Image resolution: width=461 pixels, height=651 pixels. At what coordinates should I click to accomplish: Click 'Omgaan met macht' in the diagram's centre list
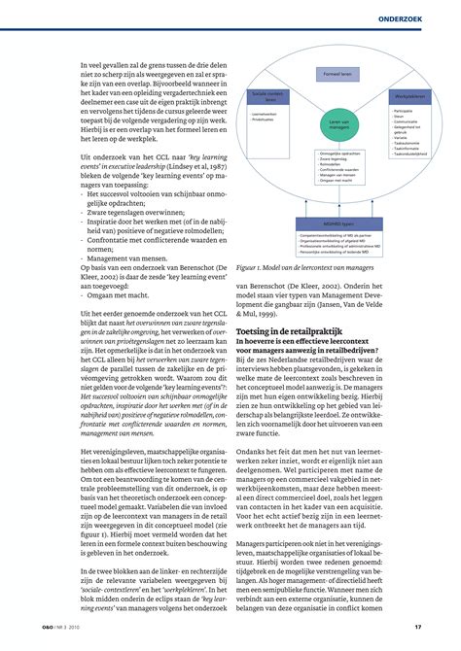(x=337, y=181)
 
